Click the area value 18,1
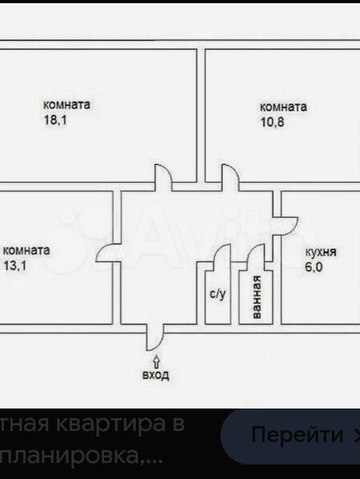[x=55, y=120]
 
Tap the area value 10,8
[x=273, y=122]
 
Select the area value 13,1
[x=14, y=265]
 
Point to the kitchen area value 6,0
[x=313, y=267]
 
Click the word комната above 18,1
[x=67, y=105]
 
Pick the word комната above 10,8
[x=283, y=107]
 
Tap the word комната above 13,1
[x=26, y=251]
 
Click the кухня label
[x=321, y=252]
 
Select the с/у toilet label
[x=218, y=294]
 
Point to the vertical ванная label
[x=257, y=297]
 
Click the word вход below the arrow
[x=156, y=375]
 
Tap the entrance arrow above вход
[x=156, y=361]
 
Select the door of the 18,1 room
[x=168, y=172]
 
